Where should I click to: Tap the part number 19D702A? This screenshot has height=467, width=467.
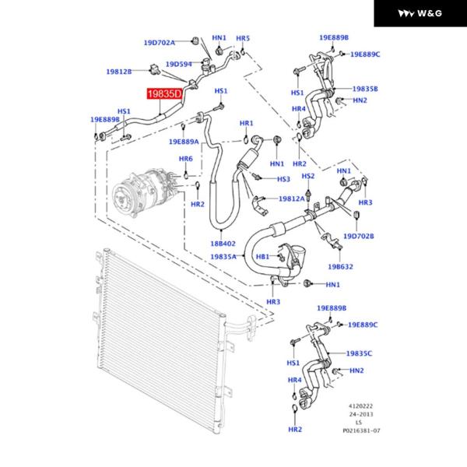click(159, 42)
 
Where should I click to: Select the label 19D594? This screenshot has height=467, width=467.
click(178, 64)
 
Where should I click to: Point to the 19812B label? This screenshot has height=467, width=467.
click(119, 72)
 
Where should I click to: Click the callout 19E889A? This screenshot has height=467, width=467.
click(184, 142)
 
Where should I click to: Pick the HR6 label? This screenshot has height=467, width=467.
click(186, 159)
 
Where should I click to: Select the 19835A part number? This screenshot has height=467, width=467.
click(223, 256)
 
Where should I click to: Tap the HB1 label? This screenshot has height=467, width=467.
click(262, 256)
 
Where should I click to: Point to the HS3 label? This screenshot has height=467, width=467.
click(283, 179)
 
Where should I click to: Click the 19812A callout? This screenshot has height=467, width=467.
click(292, 198)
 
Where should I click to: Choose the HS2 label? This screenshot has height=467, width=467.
click(307, 176)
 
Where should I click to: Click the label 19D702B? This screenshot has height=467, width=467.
click(359, 236)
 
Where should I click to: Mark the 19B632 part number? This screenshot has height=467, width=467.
click(340, 266)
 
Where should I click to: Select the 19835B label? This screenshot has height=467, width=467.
click(364, 89)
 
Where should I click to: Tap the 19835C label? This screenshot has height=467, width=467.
click(359, 353)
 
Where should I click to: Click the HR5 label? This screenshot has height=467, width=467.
click(243, 38)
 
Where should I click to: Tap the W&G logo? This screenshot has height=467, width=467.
click(420, 13)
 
